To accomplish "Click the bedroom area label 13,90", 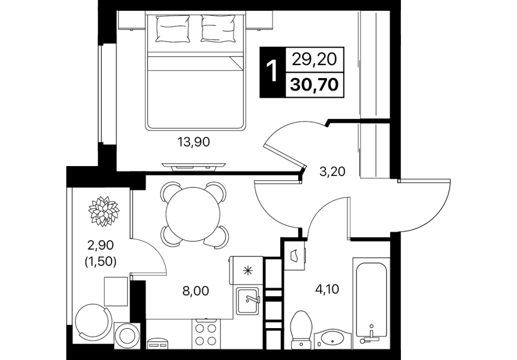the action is (x=194, y=142).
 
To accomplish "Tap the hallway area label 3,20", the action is (x=333, y=171).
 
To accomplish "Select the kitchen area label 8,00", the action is (x=196, y=291).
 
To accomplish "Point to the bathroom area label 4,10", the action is (x=327, y=290).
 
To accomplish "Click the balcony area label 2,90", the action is (x=101, y=245).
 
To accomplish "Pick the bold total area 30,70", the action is (x=315, y=85).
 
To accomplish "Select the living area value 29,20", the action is (x=315, y=59).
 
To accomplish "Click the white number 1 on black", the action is (x=273, y=72).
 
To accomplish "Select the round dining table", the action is (x=193, y=214).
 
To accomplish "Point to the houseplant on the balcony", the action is (x=103, y=211).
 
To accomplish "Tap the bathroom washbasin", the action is (x=333, y=338).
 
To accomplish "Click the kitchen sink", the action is (x=248, y=301).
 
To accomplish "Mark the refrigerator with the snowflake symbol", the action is (x=246, y=271).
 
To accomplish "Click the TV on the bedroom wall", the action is (x=194, y=167).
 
